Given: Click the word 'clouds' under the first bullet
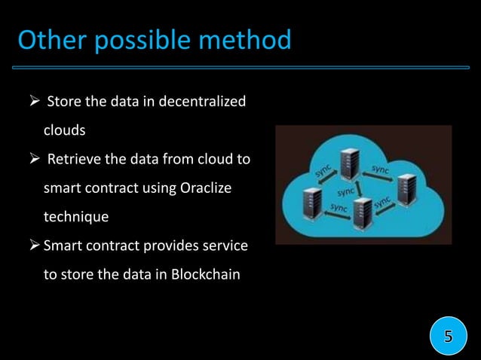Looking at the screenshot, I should point(64,130).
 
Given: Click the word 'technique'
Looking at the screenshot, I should point(75,217).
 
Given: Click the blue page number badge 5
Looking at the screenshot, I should point(448,336).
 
